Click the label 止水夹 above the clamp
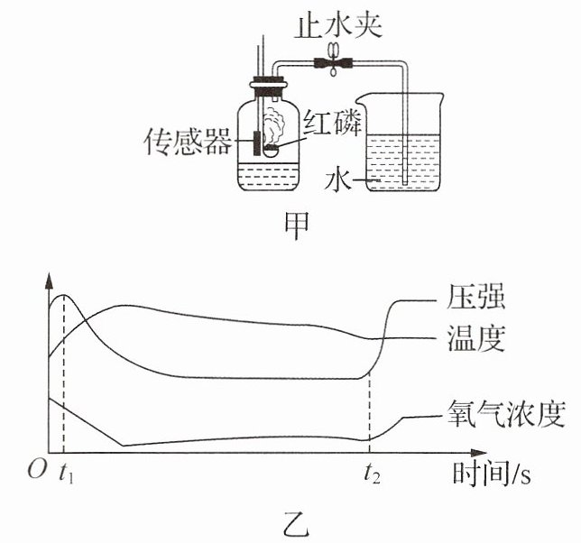(x=338, y=27)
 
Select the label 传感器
(x=188, y=142)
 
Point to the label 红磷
(x=332, y=123)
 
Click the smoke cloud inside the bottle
(x=274, y=126)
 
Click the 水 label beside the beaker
(x=337, y=180)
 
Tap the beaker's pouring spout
(x=361, y=99)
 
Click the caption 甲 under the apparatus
(x=297, y=226)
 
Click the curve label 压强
(x=476, y=297)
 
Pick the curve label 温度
(x=476, y=338)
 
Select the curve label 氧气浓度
(x=506, y=415)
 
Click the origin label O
(x=37, y=470)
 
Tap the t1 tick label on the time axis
(x=67, y=474)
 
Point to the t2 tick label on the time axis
(x=372, y=474)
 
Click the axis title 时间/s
(x=492, y=474)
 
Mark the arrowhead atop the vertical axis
(x=49, y=281)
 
